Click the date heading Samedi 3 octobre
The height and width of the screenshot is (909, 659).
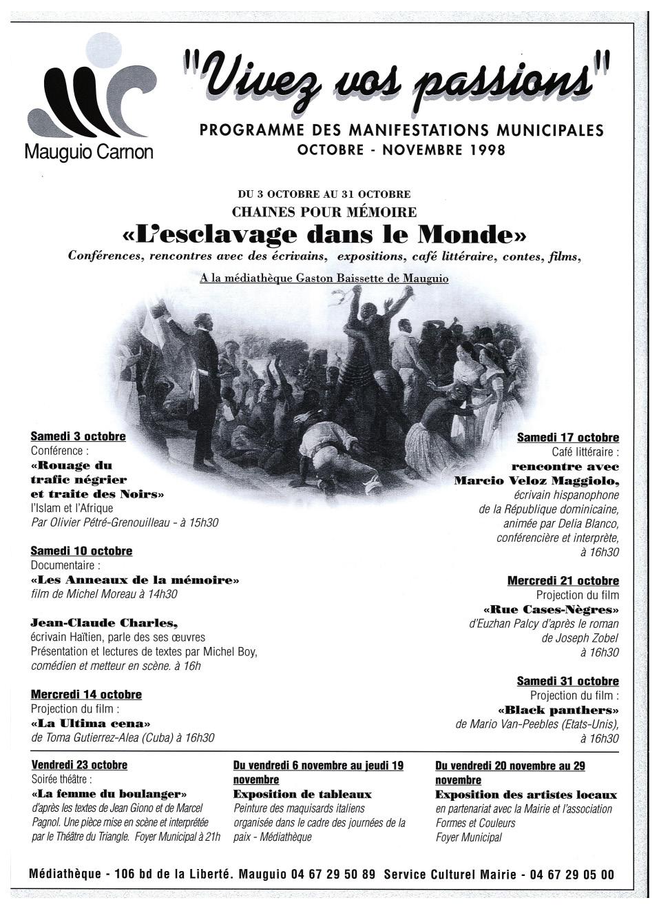[78, 436]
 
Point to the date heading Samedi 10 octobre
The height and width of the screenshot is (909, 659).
[81, 551]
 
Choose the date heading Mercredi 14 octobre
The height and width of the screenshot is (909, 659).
[86, 694]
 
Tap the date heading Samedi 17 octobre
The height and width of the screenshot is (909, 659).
[567, 438]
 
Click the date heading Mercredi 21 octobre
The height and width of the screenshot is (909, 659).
[563, 581]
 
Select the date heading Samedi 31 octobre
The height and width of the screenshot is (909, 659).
[567, 681]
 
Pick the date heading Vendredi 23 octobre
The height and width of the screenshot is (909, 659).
[79, 765]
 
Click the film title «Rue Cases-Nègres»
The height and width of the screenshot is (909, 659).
[551, 610]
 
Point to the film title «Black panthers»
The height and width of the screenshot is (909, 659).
[558, 710]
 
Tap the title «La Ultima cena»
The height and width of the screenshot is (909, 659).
[90, 724]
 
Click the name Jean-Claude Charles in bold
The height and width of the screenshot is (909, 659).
[99, 623]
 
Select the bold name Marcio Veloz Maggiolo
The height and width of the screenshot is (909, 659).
[536, 480]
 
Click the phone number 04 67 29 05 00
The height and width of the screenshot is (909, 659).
[571, 875]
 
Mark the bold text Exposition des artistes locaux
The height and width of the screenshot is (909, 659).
[526, 795]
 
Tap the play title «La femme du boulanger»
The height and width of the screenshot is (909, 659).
[109, 794]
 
